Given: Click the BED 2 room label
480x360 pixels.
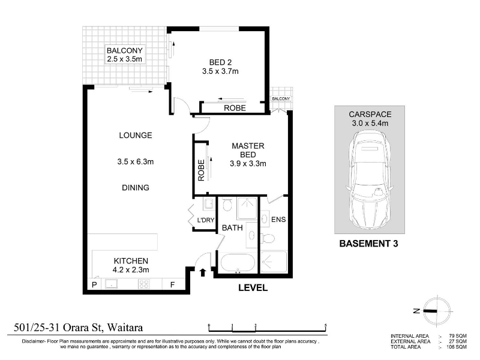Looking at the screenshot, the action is click(x=220, y=62).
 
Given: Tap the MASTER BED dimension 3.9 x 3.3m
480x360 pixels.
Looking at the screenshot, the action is click(x=248, y=163).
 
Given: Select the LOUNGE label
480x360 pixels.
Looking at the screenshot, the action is click(x=136, y=136).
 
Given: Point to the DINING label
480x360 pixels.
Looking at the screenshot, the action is click(x=136, y=188).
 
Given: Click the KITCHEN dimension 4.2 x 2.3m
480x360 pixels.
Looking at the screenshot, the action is click(x=131, y=269).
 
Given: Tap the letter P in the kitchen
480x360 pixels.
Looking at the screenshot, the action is click(x=94, y=284).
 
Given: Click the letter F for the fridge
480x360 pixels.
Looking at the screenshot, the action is click(x=172, y=284).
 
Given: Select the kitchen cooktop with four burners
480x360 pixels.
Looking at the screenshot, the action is click(x=144, y=284).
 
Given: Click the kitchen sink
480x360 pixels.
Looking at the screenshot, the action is click(x=111, y=284).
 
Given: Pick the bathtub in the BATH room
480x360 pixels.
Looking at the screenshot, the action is click(x=238, y=263).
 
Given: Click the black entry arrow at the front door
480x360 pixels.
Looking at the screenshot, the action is click(x=203, y=272).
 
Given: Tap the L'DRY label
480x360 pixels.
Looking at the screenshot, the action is click(x=206, y=220).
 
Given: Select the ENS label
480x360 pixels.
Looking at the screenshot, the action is click(x=278, y=220).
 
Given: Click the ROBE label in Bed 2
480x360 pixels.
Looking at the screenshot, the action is click(x=235, y=108).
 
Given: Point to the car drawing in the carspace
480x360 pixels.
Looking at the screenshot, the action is click(x=370, y=179).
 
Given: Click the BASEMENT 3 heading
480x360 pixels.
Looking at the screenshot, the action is click(x=368, y=244).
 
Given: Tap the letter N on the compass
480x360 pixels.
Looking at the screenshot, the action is click(x=416, y=311).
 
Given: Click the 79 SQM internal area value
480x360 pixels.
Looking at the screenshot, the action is click(x=458, y=336).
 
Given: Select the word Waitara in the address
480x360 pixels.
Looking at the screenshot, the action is click(x=125, y=328).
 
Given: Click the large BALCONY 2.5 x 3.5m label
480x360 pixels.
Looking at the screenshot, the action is click(x=125, y=55).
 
